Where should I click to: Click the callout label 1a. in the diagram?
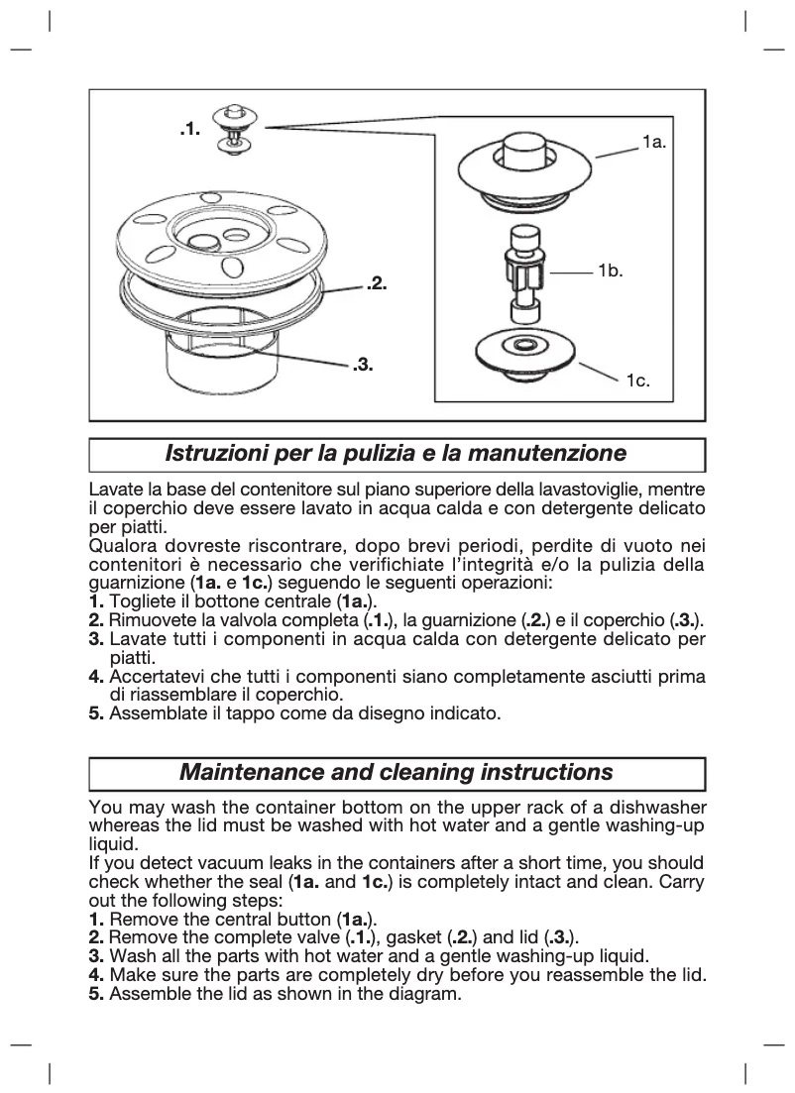653,143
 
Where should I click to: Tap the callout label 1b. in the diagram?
610,270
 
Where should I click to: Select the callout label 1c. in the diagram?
637,381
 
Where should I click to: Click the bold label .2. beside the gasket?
376,284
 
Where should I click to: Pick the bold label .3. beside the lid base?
363,366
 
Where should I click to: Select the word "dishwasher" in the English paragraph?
660,809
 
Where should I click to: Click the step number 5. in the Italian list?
96,712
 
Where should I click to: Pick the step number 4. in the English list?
96,975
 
